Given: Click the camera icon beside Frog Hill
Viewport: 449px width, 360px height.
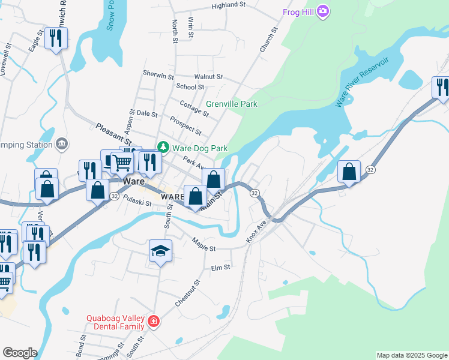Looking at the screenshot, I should point(323,11).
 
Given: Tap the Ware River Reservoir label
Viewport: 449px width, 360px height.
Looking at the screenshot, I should point(363,82).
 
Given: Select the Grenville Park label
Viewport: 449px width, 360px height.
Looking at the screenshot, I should point(232,104).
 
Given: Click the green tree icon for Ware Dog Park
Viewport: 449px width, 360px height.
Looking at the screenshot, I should point(163,147).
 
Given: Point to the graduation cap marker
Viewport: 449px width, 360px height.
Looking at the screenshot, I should point(160,251).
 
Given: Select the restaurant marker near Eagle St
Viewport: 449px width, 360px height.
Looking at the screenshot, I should point(56,39).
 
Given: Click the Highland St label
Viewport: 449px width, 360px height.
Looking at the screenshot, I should point(229,6).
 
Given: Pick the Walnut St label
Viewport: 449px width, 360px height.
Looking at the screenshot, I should point(208,77).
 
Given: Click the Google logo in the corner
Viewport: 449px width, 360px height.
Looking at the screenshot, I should point(19,353).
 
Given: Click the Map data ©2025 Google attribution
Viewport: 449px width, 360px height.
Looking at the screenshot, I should point(412,355).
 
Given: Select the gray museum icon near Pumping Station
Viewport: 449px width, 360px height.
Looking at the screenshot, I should point(62,144).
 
